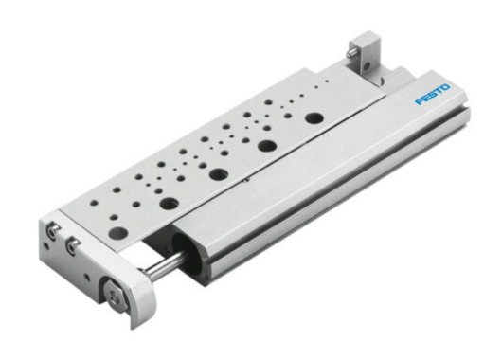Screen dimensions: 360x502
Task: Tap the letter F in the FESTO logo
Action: pyautogui.click(x=418, y=99)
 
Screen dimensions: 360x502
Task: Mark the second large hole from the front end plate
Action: pyautogui.click(x=170, y=202)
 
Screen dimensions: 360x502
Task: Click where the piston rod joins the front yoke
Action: pyautogui.click(x=144, y=274)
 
